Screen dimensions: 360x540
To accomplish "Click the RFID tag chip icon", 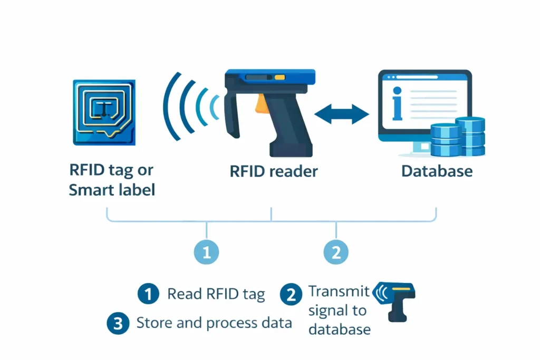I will (x=104, y=112).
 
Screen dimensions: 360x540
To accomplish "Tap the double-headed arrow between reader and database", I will (x=341, y=114).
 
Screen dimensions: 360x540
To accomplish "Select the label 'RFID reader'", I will (x=273, y=171).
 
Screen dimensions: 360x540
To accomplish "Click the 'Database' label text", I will (x=437, y=171).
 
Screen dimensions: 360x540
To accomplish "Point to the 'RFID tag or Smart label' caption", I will (x=112, y=180).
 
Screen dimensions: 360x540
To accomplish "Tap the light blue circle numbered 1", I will (x=206, y=252).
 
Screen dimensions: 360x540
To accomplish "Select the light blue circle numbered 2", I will (x=336, y=252).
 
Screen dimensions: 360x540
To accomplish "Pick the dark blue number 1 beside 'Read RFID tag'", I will (x=148, y=294).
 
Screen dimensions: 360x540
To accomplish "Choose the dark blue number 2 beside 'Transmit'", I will (x=290, y=294).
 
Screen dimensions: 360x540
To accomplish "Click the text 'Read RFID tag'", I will (x=216, y=294).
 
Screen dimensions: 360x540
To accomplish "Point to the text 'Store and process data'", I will (x=214, y=323).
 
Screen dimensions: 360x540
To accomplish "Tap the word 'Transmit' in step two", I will (x=339, y=291).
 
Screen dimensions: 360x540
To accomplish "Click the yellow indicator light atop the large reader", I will (x=279, y=78).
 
